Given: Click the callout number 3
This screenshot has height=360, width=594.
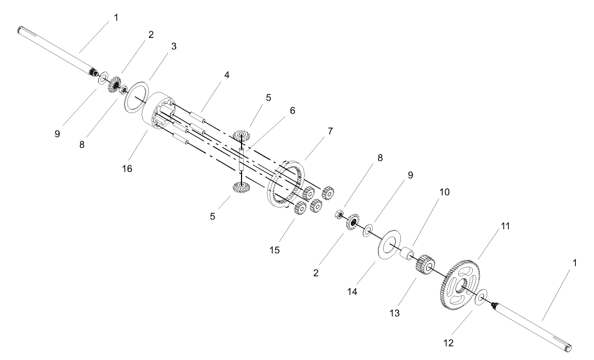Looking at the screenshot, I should click(x=174, y=46).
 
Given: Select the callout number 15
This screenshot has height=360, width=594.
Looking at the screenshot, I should click(x=275, y=250).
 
